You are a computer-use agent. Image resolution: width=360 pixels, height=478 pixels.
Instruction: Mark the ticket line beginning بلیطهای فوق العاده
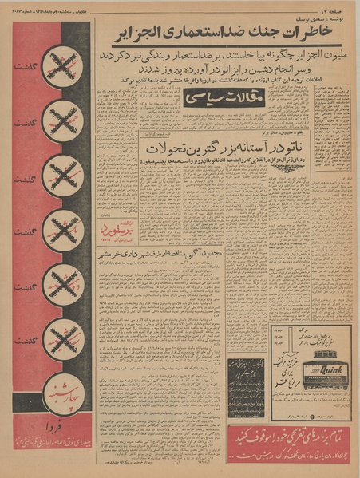pyautogui.click(x=53, y=444)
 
